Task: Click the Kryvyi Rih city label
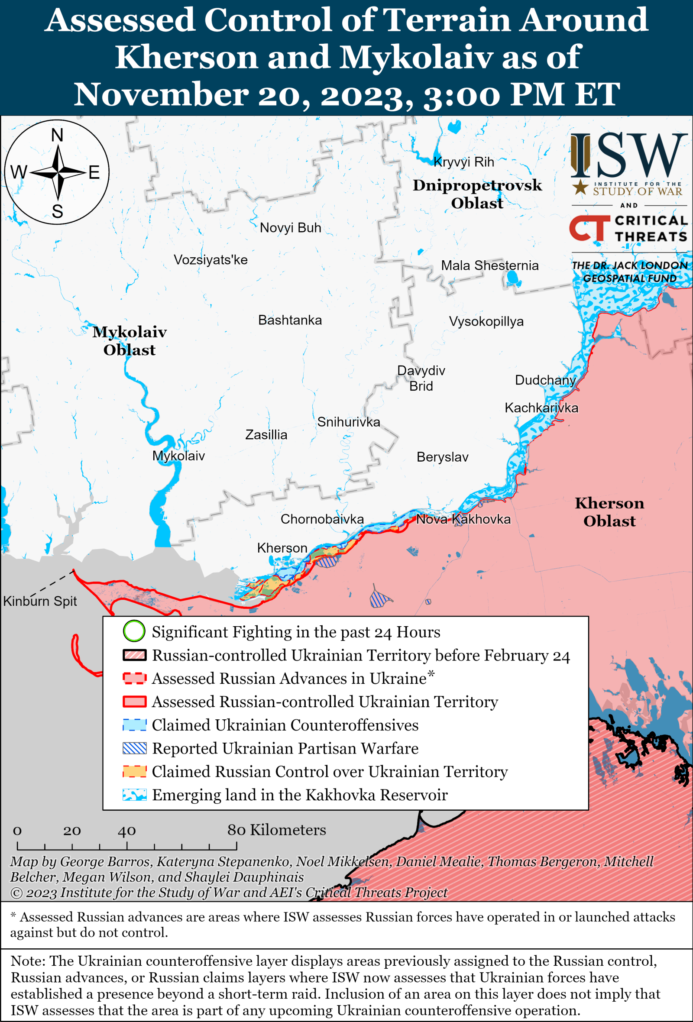tap(463, 162)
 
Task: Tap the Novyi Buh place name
tap(290, 228)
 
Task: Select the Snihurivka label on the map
tap(348, 422)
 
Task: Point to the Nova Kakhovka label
tap(463, 519)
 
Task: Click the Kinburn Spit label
tap(39, 601)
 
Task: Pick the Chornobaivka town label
tap(322, 519)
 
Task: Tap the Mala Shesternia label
tap(489, 265)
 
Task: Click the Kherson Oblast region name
tap(609, 512)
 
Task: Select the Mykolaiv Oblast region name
tap(129, 341)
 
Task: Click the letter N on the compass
tap(57, 136)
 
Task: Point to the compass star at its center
tap(58, 172)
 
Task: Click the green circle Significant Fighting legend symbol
tap(134, 631)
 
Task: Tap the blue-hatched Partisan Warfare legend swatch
tap(134, 748)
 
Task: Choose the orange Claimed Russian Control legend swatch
tap(134, 771)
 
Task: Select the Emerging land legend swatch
tap(134, 795)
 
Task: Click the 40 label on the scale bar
tap(126, 831)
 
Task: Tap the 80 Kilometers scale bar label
tap(276, 830)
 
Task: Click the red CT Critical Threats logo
tap(589, 228)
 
